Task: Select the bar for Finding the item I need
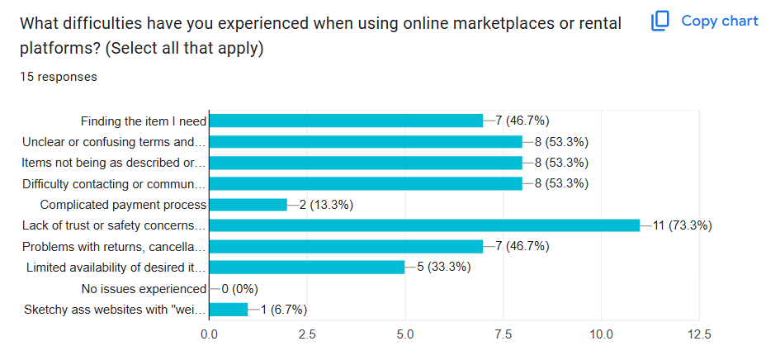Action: [346, 121]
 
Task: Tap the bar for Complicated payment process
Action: [248, 205]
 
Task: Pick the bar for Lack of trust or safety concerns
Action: [424, 225]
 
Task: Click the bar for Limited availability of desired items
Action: [307, 268]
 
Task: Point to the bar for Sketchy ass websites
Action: [229, 310]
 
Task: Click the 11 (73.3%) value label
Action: [683, 225]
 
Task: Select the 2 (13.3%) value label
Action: [326, 205]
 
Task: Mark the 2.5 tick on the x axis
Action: [307, 334]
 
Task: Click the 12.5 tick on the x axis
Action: [698, 334]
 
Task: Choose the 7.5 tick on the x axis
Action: [503, 334]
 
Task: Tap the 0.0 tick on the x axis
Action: [210, 334]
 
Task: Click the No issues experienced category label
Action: [144, 289]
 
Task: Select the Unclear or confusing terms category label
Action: [113, 141]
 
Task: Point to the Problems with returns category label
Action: [113, 247]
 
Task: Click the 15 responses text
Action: [59, 77]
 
